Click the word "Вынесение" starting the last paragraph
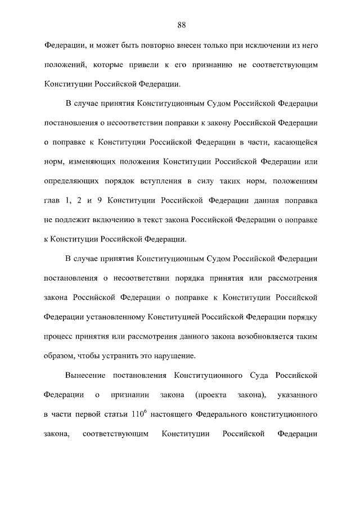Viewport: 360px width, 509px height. (x=84, y=375)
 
